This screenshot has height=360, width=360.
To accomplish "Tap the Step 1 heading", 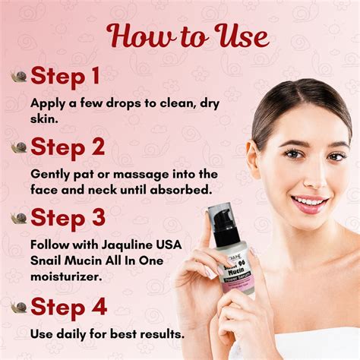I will pyautogui.click(x=66, y=76).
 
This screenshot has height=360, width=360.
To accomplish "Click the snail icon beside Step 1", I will pyautogui.click(x=19, y=77).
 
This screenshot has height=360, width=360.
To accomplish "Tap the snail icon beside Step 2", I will pyautogui.click(x=19, y=147).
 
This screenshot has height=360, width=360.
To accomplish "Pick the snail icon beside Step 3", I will pyautogui.click(x=19, y=218).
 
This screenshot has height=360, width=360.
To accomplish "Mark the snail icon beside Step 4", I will pyautogui.click(x=19, y=308).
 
